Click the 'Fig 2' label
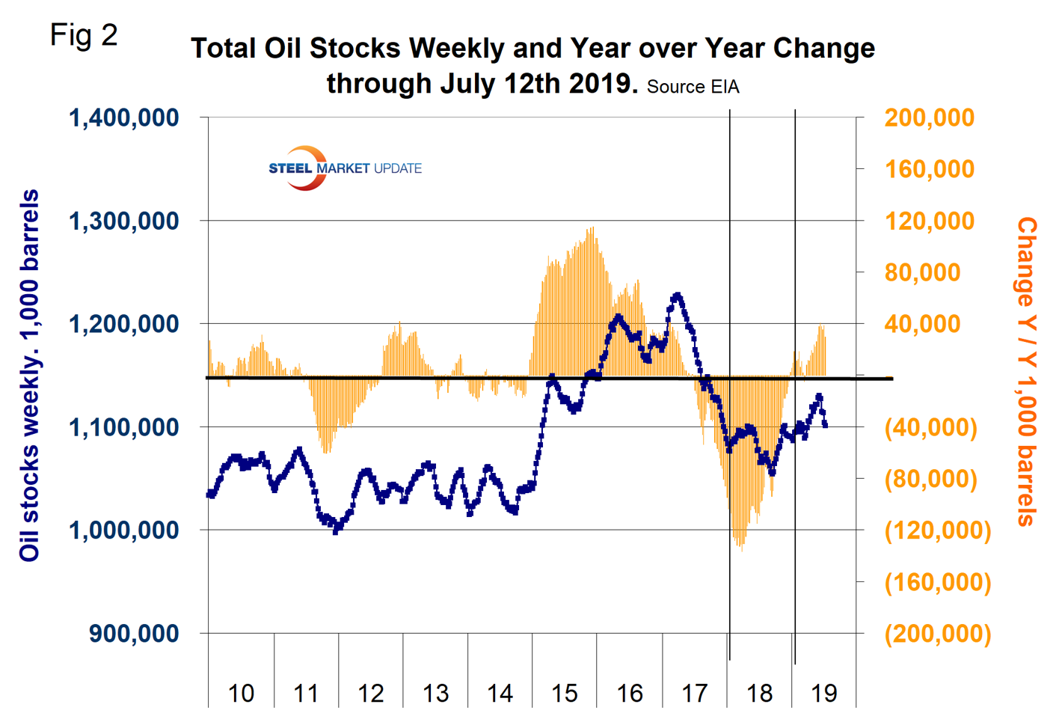click(84, 35)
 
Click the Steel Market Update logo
click(345, 168)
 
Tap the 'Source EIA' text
click(693, 87)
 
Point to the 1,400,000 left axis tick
click(124, 117)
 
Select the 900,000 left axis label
click(134, 633)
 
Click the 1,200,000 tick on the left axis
click(124, 324)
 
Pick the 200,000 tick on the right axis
click(929, 117)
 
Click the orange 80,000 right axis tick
click(922, 272)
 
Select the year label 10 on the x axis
click(241, 694)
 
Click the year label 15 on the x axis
click(565, 694)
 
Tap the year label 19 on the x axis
click(824, 694)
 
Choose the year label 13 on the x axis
click(435, 694)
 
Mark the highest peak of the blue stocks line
click(677, 296)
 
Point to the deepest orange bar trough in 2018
click(741, 550)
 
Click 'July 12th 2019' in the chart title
click(535, 83)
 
